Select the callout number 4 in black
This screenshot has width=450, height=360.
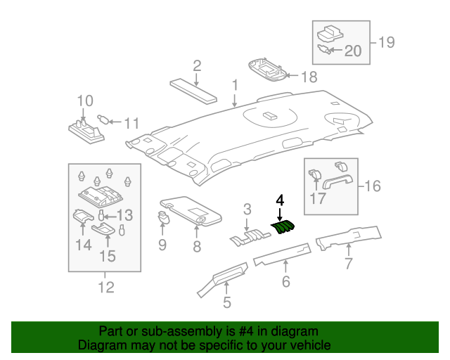point(280,200)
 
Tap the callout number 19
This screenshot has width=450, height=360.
point(386,42)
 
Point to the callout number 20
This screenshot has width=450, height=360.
point(352,51)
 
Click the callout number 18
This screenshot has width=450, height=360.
point(309,77)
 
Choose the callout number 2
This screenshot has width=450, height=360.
point(197,66)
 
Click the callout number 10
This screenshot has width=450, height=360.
point(84,101)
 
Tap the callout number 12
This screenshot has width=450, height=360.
point(105,287)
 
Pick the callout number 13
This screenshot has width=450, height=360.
point(124,215)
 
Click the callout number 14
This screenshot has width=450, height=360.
point(84,245)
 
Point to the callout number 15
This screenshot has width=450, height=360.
point(107,256)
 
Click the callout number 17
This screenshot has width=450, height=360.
point(319,199)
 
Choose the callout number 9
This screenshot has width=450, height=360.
point(162,245)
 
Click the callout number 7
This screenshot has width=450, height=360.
point(348,264)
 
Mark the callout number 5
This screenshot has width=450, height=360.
point(226,303)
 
